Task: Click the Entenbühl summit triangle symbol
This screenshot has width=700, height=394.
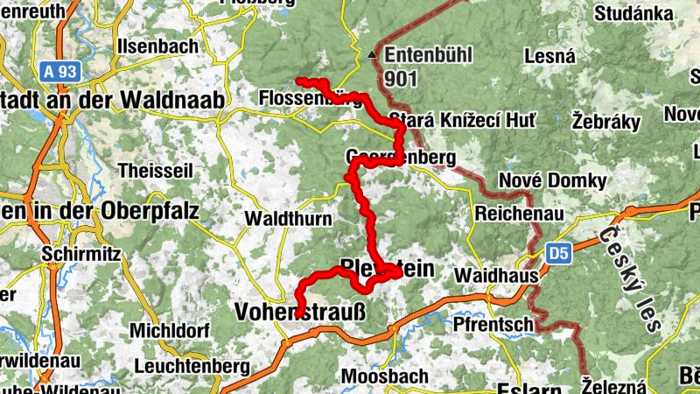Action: tap(373, 56)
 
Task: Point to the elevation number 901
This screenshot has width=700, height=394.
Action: tap(400, 79)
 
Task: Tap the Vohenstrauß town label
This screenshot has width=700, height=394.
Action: tap(298, 312)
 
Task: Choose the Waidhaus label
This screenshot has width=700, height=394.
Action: tap(490, 275)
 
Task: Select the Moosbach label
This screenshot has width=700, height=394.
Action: tap(385, 376)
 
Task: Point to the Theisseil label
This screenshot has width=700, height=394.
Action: tap(155, 170)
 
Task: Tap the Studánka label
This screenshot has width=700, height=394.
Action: tap(633, 14)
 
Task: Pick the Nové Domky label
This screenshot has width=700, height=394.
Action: tap(552, 180)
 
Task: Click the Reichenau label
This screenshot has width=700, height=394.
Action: tap(514, 213)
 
